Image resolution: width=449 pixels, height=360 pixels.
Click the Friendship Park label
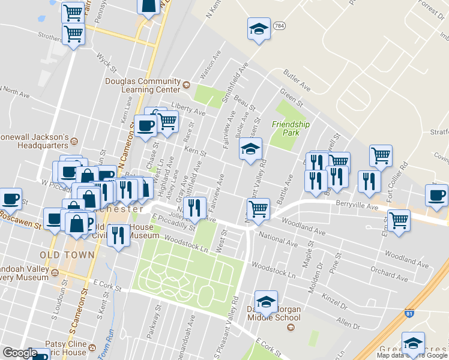click(291, 128)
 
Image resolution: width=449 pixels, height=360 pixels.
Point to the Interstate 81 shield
click(409, 314)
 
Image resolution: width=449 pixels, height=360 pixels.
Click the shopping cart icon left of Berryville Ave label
click(258, 209)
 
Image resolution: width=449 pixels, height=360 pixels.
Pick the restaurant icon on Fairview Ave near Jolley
click(194, 208)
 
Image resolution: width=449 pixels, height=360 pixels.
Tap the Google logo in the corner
click(20, 353)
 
